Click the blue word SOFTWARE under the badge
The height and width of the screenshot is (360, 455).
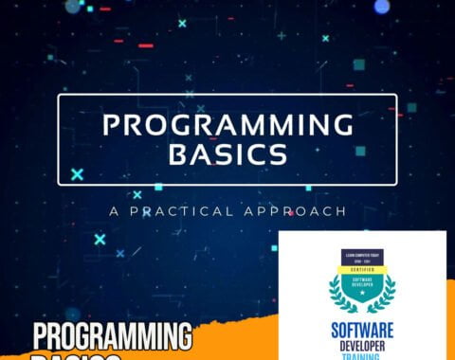363,329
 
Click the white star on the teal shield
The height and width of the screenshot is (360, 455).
363,297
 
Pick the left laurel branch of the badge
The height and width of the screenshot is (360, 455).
337,292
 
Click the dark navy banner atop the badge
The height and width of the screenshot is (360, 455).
363,256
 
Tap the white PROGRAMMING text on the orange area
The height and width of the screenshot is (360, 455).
112,337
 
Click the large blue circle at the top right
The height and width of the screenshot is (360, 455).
381,7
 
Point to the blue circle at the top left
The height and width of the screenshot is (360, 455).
73,6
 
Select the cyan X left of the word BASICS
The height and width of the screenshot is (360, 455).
77,173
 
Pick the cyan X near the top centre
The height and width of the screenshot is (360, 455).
182,23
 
